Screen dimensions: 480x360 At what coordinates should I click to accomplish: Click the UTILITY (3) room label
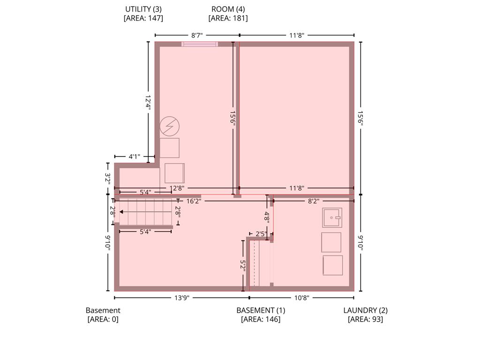tap(143, 9)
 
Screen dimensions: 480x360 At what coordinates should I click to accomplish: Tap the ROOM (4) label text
tap(228, 9)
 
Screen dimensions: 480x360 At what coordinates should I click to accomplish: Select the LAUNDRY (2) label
tap(365, 310)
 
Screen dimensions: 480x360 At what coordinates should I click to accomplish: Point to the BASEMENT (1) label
tap(261, 310)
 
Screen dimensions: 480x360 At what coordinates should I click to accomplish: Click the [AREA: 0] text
tap(103, 319)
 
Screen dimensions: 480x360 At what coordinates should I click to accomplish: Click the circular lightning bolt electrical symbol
tap(169, 126)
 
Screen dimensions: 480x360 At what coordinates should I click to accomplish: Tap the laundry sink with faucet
tap(332, 217)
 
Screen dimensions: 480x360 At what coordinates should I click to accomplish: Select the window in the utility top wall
tap(200, 44)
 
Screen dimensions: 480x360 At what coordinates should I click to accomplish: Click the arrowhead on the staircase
tap(121, 212)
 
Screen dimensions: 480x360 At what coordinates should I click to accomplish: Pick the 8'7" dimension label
tap(197, 35)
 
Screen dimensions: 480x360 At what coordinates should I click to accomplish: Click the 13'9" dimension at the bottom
tap(182, 298)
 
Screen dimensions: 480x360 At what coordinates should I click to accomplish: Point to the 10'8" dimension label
tap(301, 298)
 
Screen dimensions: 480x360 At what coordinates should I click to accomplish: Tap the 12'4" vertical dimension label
tap(148, 102)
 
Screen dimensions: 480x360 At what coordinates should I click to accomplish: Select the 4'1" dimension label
tap(134, 157)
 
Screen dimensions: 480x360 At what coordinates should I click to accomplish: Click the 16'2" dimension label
tap(194, 201)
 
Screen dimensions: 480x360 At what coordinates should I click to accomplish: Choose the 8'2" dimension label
tap(314, 201)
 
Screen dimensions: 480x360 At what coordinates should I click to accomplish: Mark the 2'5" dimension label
tap(261, 234)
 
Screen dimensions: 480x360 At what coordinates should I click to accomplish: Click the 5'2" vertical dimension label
tap(243, 266)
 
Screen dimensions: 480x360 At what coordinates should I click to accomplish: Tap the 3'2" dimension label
tap(108, 179)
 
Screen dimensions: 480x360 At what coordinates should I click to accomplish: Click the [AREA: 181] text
tap(228, 18)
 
